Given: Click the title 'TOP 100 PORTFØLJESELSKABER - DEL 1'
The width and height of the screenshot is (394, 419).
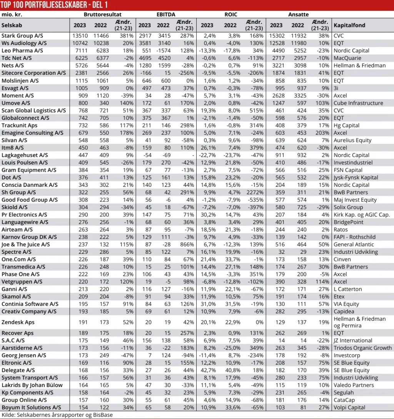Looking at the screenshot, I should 54,5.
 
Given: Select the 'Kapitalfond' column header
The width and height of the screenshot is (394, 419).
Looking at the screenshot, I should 349,25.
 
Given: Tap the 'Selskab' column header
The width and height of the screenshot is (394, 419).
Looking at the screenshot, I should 12,25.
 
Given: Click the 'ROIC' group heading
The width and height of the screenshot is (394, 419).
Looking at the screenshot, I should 231,15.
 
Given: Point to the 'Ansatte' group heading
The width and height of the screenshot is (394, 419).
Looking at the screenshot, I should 299,15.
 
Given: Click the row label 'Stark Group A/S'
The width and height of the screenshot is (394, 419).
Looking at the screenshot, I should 22,36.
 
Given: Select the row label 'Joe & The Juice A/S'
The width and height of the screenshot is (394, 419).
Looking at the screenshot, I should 26,245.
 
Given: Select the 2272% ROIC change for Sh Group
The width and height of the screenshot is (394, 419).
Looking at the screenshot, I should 254,193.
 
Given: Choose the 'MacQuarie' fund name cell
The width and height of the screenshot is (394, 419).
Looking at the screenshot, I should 347,58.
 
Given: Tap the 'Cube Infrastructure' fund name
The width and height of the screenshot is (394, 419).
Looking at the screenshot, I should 358,103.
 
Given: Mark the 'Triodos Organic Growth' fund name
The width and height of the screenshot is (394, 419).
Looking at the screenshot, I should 362,348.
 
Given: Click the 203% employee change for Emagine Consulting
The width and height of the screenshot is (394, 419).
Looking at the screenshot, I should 322,133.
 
